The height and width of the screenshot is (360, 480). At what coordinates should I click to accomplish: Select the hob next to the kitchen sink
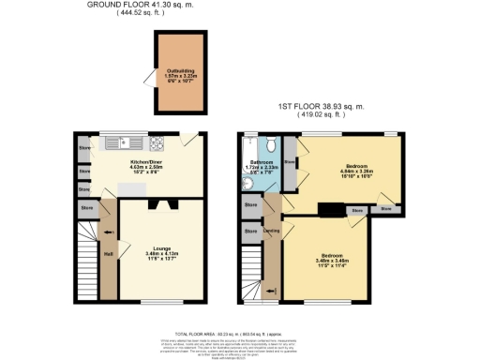click(155, 143)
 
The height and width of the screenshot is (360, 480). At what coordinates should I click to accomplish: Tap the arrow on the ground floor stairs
click(108, 232)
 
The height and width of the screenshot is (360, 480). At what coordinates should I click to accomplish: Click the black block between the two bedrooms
click(331, 210)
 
